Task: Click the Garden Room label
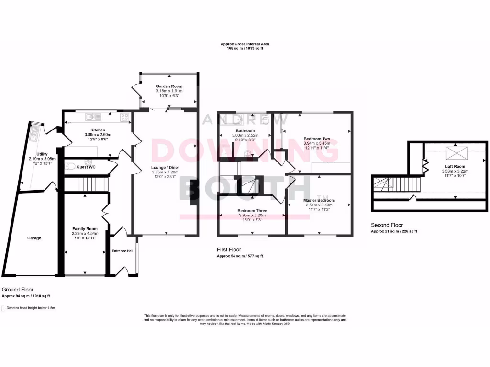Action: (169, 86)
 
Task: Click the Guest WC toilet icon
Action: (70, 167)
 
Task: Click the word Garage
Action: (33, 238)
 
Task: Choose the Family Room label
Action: (85, 229)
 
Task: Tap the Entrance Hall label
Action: (122, 251)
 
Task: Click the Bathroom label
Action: (245, 130)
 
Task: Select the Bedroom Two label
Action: (317, 139)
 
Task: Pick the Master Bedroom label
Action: (319, 200)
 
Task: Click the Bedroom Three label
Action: (252, 210)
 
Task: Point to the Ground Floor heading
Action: (18, 290)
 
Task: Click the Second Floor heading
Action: (387, 225)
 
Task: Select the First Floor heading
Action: (229, 249)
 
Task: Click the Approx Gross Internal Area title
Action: (245, 44)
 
